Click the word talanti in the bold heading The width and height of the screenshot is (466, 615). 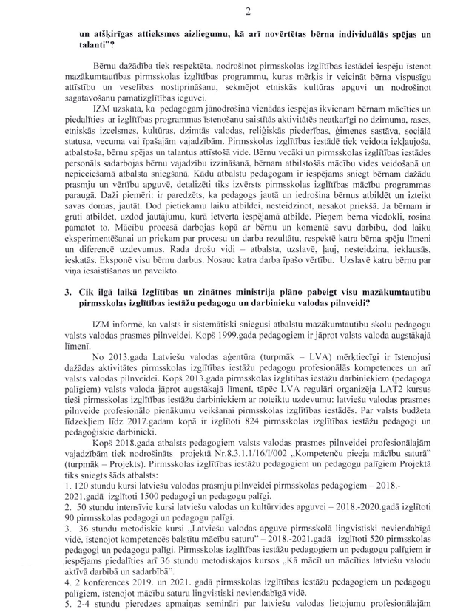click(x=84, y=44)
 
